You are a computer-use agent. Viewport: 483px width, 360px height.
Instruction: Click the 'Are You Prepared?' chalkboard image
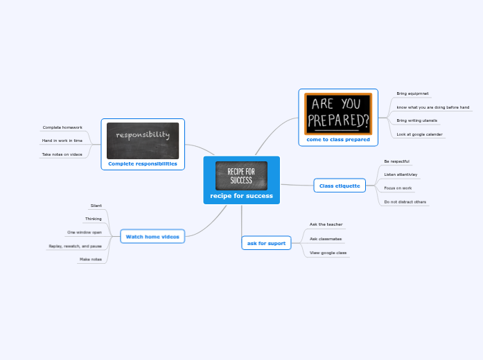click(x=338, y=114)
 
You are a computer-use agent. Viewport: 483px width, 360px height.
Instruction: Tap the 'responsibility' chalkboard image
click(x=143, y=140)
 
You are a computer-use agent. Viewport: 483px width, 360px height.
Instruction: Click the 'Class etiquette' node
click(x=340, y=186)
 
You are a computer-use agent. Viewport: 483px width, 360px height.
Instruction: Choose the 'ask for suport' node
click(x=266, y=243)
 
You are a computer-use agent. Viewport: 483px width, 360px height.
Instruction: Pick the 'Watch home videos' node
click(x=152, y=237)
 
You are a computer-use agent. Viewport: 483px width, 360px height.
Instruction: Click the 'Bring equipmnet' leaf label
click(x=412, y=93)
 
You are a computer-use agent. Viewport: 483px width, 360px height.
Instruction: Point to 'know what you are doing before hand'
click(x=432, y=107)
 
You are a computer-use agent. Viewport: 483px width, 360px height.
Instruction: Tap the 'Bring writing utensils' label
click(x=416, y=120)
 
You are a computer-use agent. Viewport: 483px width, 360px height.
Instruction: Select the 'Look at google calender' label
click(x=419, y=134)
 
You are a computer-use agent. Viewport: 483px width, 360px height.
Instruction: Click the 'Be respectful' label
click(x=396, y=161)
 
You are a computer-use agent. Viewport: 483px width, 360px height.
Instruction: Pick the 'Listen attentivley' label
click(x=401, y=174)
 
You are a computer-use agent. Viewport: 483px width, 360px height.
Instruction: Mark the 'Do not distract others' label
click(x=405, y=201)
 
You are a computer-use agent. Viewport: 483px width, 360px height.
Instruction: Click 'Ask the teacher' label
click(x=326, y=224)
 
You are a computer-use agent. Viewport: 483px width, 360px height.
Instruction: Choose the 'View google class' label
click(x=328, y=253)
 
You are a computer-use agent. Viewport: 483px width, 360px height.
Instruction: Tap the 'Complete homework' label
click(x=62, y=127)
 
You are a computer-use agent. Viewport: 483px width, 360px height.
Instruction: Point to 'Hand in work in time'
click(x=62, y=141)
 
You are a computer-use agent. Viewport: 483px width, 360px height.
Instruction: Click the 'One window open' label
click(x=85, y=232)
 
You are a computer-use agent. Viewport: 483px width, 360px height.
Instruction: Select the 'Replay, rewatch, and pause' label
click(x=75, y=246)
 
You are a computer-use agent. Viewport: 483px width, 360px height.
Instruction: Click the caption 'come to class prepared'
click(x=338, y=139)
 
